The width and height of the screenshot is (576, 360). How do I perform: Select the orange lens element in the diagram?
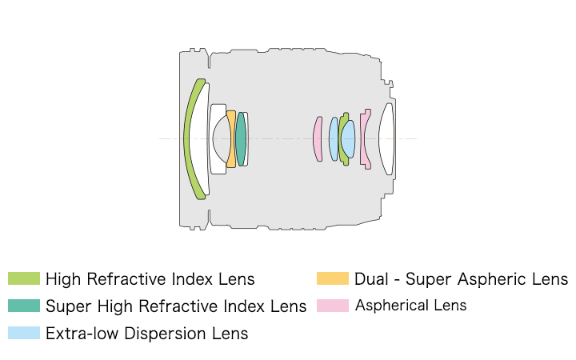[x=232, y=138]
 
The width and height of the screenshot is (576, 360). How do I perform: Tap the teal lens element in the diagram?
[x=240, y=138]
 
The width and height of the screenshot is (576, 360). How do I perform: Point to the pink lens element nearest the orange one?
[x=318, y=138]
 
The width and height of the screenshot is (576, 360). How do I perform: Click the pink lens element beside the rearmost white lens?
[x=364, y=138]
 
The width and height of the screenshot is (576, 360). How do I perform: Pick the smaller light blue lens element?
[x=333, y=138]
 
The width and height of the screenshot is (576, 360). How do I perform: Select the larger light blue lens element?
[x=348, y=138]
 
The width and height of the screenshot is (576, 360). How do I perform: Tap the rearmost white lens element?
[x=387, y=138]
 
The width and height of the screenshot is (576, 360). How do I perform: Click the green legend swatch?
[x=23, y=279]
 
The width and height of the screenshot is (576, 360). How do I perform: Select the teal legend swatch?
[x=23, y=306]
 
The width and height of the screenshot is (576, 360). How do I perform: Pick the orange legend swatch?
[x=332, y=279]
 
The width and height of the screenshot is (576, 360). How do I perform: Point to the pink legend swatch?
[x=332, y=306]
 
